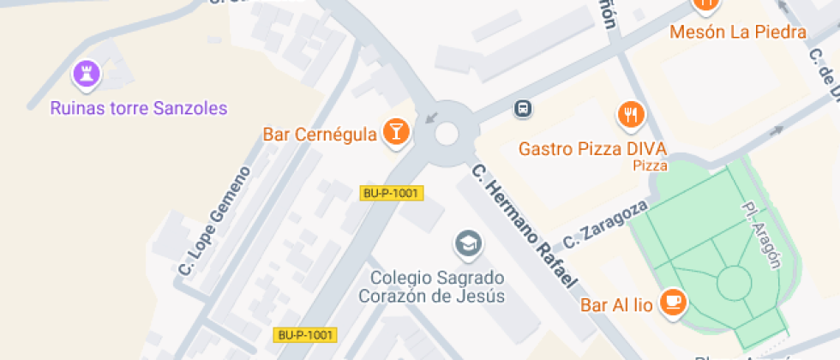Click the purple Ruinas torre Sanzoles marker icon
click(x=87, y=74)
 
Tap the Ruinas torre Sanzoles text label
click(x=139, y=108)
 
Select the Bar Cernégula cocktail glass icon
click(x=397, y=130)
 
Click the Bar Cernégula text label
click(x=319, y=135)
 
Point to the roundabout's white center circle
click(x=447, y=133)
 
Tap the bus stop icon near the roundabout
click(x=522, y=108)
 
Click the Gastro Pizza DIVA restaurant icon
click(x=631, y=114)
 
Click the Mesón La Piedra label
click(x=738, y=33)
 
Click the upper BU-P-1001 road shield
click(x=391, y=193)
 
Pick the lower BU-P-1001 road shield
click(x=305, y=335)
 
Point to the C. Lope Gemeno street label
click(x=214, y=221)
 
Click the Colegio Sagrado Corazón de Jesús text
click(x=437, y=287)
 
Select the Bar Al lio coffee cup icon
click(x=675, y=303)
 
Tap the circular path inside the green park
click(x=734, y=282)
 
